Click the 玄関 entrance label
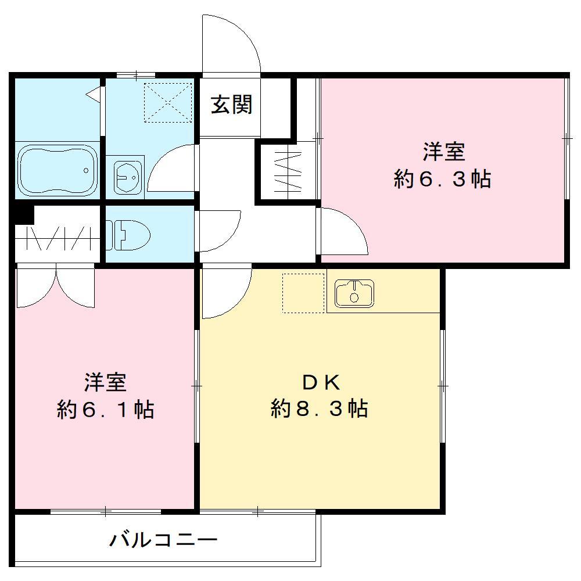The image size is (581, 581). pos(231,105)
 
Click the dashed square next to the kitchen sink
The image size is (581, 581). pos(303,293)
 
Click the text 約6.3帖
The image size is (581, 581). pos(442,180)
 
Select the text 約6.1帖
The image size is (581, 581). pos(105,410)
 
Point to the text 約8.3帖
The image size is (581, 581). pos(319,409)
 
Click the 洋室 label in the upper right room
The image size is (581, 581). pos(443,152)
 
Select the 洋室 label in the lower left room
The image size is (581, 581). pos(105,383)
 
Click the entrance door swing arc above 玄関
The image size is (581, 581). pos(232,41)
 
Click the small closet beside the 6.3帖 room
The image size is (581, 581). pos(288,171)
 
